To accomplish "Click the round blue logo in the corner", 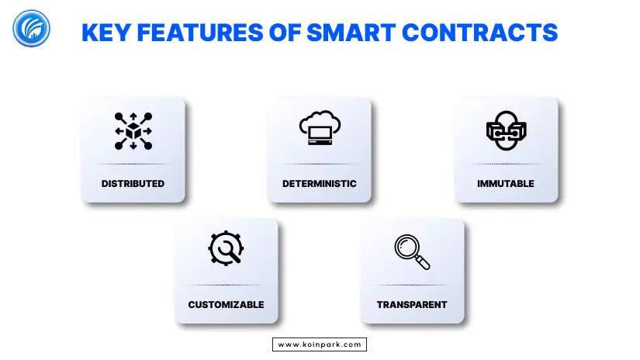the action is tap(32, 29).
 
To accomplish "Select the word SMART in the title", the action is tap(351, 33).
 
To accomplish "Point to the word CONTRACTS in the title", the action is tap(479, 33).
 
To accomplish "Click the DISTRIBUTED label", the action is tap(133, 184).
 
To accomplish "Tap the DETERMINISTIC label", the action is tap(319, 184).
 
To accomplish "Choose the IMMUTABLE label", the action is tap(506, 184).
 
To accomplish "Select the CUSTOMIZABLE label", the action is tap(226, 304).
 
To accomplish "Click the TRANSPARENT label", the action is tap(412, 304).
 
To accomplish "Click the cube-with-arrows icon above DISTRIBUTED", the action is tap(133, 131).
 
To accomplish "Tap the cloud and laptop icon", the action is tap(320, 128).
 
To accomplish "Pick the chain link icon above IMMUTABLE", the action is tap(506, 130).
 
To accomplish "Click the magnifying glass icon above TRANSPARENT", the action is tap(412, 252).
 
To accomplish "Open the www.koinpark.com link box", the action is tap(320, 344).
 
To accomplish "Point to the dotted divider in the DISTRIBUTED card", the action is tap(133, 164).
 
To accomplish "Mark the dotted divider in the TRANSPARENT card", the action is tap(412, 285).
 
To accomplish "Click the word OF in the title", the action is tap(285, 33).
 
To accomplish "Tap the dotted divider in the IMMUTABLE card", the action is tap(506, 164).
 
